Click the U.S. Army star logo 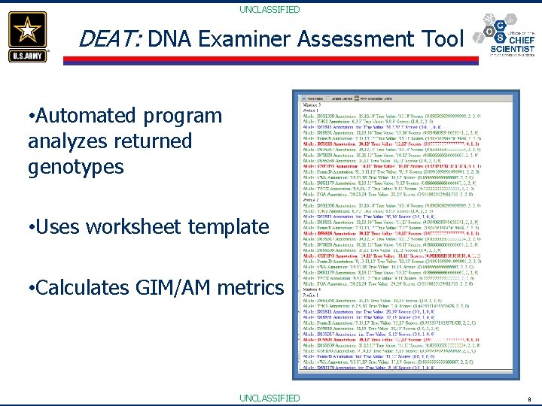[28, 35]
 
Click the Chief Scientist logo [505, 38]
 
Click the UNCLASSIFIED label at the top [269, 10]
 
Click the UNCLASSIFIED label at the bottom [269, 398]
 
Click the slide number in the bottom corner [529, 398]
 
